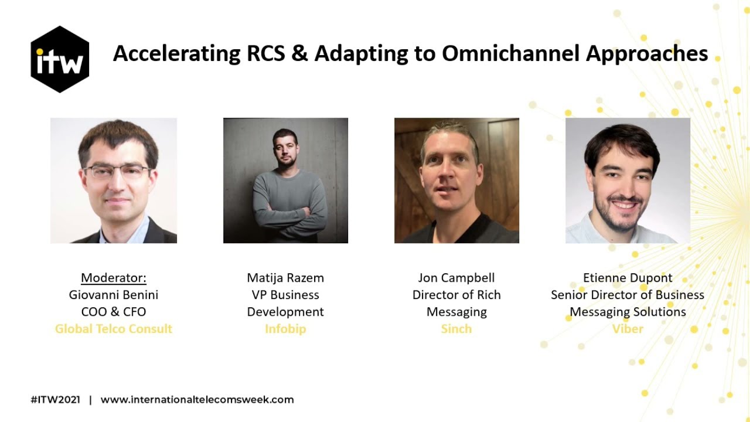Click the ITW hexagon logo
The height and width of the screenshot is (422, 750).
tap(60, 59)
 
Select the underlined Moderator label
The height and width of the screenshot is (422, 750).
tap(114, 278)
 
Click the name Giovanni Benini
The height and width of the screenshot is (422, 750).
tap(114, 295)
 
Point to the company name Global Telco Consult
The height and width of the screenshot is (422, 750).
tap(114, 329)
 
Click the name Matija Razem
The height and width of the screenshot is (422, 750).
tap(285, 278)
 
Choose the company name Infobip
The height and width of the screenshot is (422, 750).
tap(285, 329)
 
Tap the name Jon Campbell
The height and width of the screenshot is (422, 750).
tap(456, 278)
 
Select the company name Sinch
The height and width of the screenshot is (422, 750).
tap(456, 329)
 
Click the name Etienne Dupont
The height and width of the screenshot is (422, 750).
tap(628, 278)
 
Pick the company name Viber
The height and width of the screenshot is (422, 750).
tap(628, 329)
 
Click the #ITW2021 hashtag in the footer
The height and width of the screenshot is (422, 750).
tap(56, 400)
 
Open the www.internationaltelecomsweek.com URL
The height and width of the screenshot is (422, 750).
tap(197, 400)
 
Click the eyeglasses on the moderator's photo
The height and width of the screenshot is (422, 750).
tap(117, 172)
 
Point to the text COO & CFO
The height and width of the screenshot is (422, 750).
tap(114, 312)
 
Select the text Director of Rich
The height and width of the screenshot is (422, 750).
tap(456, 295)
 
